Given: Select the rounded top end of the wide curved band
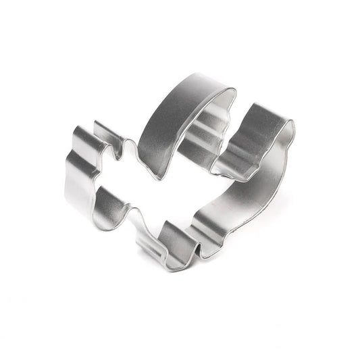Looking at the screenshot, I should coord(226,91).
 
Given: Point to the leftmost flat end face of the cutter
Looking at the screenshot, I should coord(78,176).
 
